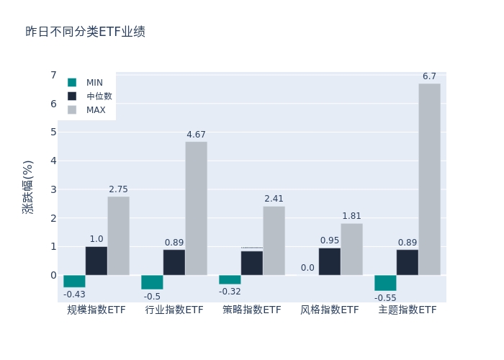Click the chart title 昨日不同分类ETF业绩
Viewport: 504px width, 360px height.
(x=85, y=32)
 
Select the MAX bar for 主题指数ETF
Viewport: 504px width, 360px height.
(x=429, y=179)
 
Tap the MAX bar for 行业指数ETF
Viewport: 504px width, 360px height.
(x=196, y=208)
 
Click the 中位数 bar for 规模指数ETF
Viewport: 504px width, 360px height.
(x=96, y=261)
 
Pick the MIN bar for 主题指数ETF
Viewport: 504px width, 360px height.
(x=385, y=283)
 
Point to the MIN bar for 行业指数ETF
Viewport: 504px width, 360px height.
(x=152, y=282)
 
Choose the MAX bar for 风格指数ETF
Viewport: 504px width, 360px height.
(x=351, y=249)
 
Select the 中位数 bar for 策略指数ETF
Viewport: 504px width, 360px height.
(x=252, y=263)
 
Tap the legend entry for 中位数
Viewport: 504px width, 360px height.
(x=90, y=96)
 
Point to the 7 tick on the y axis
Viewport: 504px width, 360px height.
(x=53, y=75)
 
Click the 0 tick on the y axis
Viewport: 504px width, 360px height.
(x=53, y=275)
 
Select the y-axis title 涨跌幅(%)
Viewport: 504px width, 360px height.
(x=28, y=187)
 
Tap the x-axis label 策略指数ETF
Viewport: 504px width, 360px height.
(x=252, y=310)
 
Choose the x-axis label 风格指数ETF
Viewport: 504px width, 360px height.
(x=330, y=310)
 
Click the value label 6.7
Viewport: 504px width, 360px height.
(x=429, y=76)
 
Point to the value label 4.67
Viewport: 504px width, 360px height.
(x=196, y=135)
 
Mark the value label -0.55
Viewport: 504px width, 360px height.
(x=385, y=297)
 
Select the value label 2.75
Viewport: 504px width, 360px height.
(x=118, y=189)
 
